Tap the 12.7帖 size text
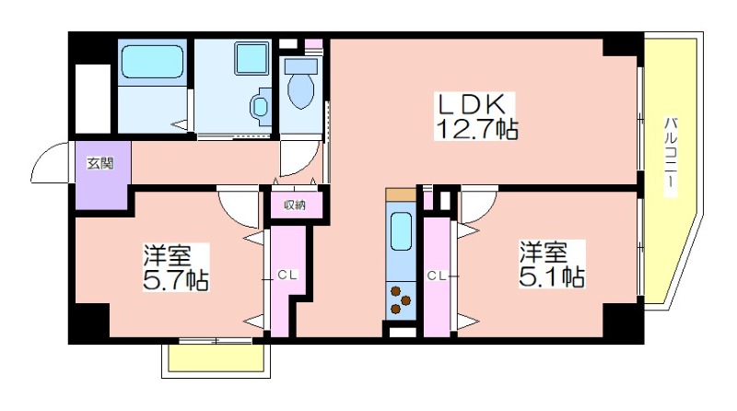click(x=477, y=128)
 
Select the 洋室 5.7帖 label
click(x=175, y=267)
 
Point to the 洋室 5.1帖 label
click(x=552, y=264)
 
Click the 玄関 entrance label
click(x=100, y=164)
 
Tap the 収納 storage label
click(x=295, y=205)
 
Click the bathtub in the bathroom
click(x=152, y=61)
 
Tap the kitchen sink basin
click(x=401, y=231)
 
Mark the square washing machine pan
click(x=252, y=58)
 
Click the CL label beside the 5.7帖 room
click(x=287, y=276)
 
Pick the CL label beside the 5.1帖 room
click(x=436, y=276)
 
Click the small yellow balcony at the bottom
click(x=216, y=358)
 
